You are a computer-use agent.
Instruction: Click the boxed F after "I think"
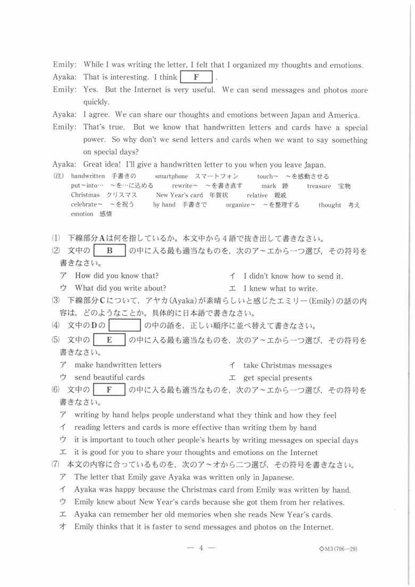click(196, 77)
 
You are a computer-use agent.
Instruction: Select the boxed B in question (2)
click(110, 250)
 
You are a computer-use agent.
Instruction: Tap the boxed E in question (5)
click(110, 340)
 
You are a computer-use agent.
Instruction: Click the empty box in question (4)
click(124, 325)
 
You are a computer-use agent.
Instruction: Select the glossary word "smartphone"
click(171, 176)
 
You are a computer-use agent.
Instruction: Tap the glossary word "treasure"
click(318, 186)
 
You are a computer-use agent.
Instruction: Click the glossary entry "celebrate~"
click(86, 205)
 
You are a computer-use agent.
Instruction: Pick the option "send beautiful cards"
click(110, 377)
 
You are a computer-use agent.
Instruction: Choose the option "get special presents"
click(278, 378)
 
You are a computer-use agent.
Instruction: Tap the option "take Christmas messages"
click(287, 365)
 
